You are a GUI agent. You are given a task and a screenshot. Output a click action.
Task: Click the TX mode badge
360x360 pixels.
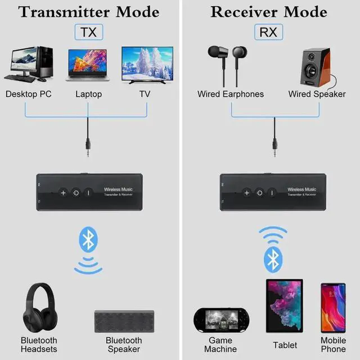(x=88, y=32)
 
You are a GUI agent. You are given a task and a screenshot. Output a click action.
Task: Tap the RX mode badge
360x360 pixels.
(x=268, y=32)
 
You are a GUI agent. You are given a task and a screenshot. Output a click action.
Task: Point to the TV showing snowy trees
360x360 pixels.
(x=147, y=65)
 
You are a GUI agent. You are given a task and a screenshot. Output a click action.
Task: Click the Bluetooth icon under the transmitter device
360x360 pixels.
(x=87, y=241)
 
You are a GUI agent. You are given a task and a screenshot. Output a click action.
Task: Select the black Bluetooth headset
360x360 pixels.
(x=39, y=308)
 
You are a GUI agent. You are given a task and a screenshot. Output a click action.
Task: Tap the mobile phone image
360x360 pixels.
(x=333, y=308)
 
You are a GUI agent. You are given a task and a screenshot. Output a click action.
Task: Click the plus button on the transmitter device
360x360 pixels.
(x=63, y=193)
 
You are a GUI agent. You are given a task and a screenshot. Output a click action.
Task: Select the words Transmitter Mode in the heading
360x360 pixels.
(x=88, y=11)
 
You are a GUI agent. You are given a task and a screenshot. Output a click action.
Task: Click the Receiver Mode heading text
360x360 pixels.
(x=268, y=11)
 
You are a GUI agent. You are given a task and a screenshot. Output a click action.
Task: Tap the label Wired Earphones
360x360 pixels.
(x=231, y=94)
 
